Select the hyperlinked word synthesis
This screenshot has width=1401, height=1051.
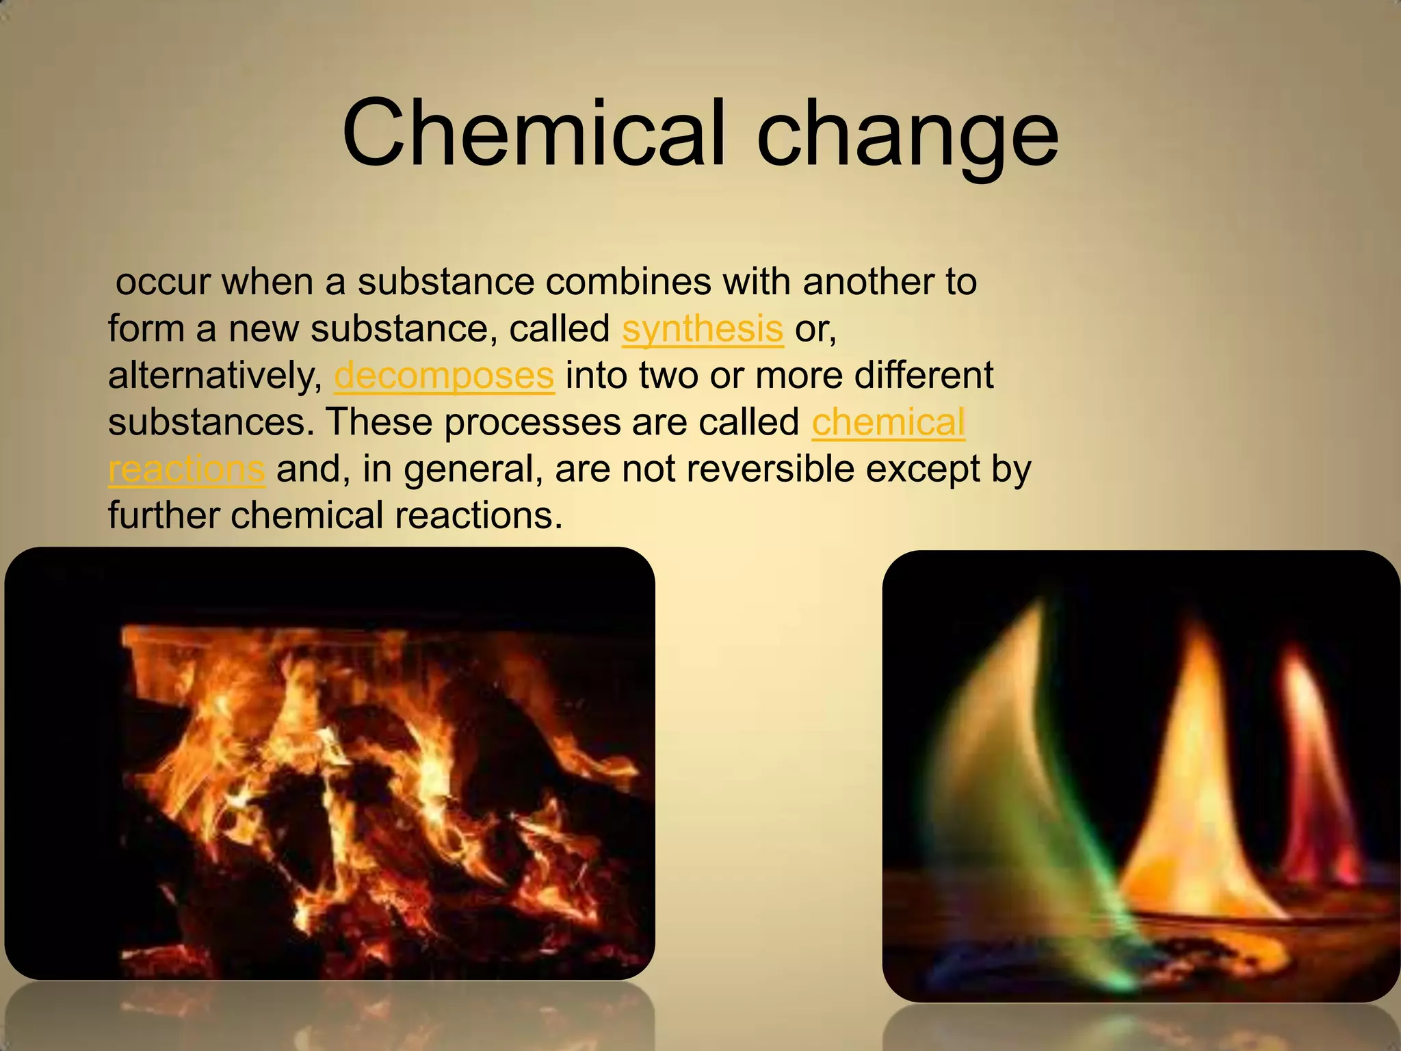pyautogui.click(x=703, y=329)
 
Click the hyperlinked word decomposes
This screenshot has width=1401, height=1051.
pyautogui.click(x=444, y=376)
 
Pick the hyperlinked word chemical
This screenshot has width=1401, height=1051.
pyautogui.click(x=888, y=422)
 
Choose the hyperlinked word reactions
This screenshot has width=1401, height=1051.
pyautogui.click(x=186, y=469)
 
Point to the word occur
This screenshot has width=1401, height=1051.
pyautogui.click(x=162, y=283)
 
